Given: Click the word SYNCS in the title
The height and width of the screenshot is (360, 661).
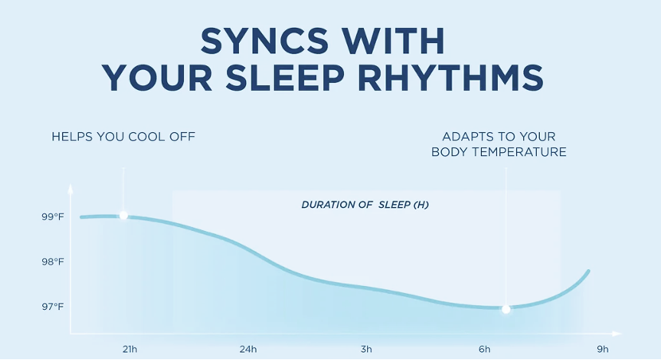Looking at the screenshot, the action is point(264,41).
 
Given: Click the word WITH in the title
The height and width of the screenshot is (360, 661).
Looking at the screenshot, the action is point(393,41).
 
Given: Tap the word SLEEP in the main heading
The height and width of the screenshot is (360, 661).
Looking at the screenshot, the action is point(285,78).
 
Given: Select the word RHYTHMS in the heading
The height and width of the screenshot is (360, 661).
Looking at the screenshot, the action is point(451,78).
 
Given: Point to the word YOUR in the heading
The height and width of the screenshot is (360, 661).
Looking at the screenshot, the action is point(157,78).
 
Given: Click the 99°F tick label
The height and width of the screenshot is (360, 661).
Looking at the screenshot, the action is point(53,217).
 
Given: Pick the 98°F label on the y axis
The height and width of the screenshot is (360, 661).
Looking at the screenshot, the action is point(53,262).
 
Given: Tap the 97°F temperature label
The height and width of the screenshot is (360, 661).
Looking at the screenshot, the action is point(53,307).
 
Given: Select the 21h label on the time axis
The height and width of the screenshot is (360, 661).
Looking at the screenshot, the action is point(130,349).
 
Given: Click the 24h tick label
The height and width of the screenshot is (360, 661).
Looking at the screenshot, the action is point(248,349).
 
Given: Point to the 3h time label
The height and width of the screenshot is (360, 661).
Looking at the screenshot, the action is point(366,349).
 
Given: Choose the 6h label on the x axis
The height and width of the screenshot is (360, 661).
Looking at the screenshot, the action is point(484,349).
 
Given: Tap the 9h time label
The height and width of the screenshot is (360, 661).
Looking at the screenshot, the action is point(603,349).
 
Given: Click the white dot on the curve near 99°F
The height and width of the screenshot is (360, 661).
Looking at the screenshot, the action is point(123,215).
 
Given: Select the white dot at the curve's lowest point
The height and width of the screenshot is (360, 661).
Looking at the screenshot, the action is point(506,309).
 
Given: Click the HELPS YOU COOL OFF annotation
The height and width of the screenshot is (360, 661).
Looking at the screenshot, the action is point(123,136).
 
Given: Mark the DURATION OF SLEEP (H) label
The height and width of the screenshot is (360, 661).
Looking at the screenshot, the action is point(365,205).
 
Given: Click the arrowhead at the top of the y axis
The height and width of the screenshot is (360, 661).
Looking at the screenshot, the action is point(70,189).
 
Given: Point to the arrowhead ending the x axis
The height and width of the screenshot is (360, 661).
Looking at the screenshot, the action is point(616,334).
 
